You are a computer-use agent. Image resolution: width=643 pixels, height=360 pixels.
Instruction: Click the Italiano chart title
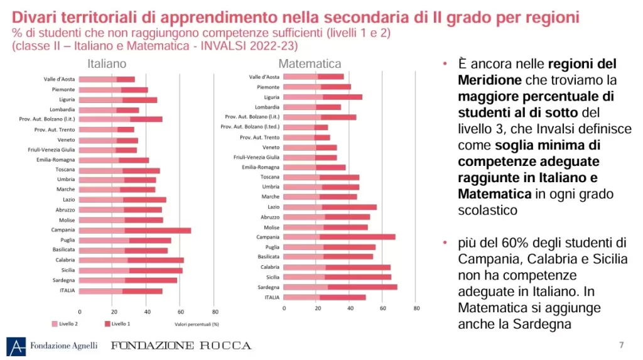pos(107,63)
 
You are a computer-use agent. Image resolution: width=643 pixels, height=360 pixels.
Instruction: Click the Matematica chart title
pos(310,63)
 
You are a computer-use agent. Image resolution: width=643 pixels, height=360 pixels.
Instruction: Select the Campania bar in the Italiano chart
pos(135,231)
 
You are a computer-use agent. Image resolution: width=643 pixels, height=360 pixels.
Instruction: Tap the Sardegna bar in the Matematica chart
pos(340,287)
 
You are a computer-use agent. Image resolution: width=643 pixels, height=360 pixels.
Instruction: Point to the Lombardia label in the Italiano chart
pos(62,110)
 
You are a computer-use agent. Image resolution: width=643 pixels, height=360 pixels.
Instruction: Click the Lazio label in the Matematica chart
pos(273,207)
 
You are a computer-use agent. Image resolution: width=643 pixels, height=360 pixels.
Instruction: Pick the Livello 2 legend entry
pos(65,324)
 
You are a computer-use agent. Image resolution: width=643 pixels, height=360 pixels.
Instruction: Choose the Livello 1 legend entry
pos(120,324)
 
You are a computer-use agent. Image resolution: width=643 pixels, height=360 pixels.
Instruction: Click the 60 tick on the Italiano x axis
pos(180,311)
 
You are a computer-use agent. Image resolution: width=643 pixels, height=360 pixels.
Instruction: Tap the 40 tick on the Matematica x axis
pos(350,308)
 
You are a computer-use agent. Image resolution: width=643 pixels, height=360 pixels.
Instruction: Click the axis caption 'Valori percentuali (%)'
pos(197,324)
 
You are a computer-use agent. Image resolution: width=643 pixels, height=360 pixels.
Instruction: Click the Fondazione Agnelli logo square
pos(16,346)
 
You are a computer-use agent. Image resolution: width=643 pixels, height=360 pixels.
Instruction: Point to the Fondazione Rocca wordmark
pos(181,346)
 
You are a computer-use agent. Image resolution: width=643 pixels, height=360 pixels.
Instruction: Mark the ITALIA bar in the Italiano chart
pos(121,291)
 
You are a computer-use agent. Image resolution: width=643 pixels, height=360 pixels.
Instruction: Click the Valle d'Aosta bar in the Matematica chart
pos(313,77)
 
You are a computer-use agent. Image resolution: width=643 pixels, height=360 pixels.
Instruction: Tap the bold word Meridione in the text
pos(490,80)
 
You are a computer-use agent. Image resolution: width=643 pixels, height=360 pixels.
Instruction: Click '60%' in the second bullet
pos(526,243)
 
